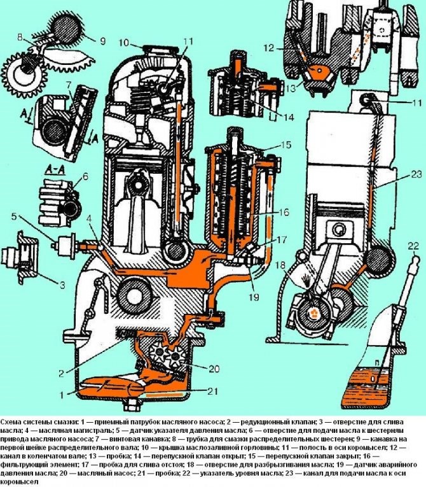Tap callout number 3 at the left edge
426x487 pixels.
pyautogui.click(x=62, y=285)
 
